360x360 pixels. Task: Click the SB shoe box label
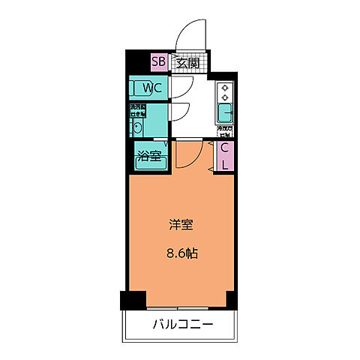[159, 62]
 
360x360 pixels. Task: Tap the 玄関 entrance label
[187, 62]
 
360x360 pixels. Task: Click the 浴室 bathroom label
[147, 157]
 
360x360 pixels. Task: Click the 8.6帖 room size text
[182, 253]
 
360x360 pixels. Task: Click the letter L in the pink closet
[225, 164]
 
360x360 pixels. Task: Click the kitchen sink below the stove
[225, 114]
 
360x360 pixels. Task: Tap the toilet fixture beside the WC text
[135, 89]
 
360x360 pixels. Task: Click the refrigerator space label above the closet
[224, 132]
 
